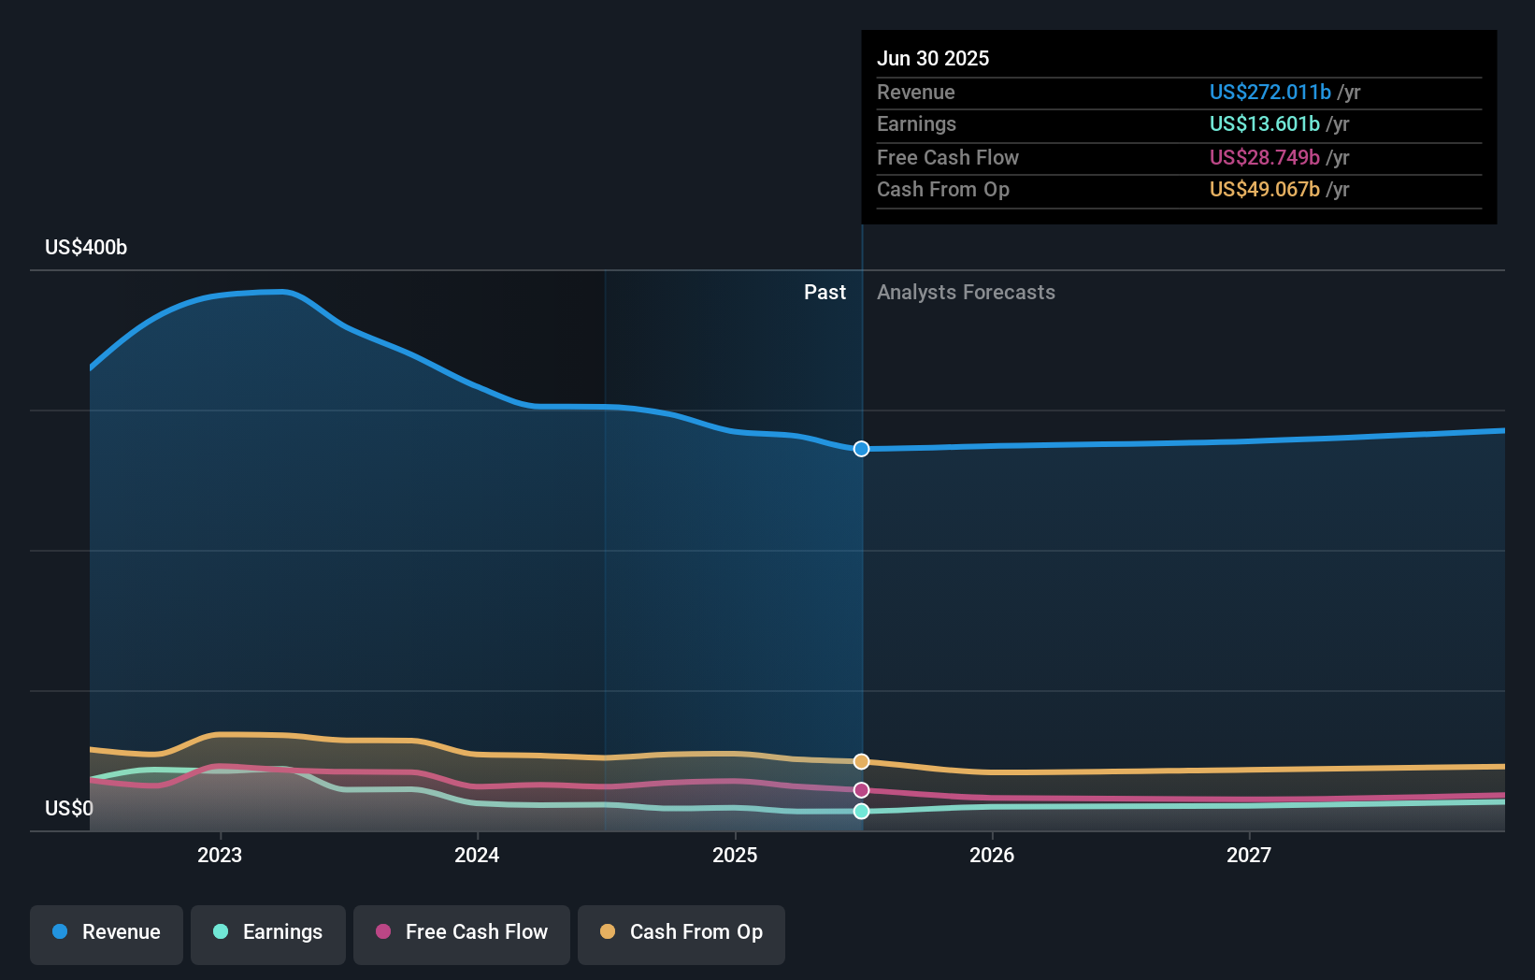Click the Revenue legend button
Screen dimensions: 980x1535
(107, 932)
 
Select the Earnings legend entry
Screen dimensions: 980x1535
(268, 932)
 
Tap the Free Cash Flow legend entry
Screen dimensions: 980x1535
(462, 932)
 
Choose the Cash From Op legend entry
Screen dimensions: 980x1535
(681, 932)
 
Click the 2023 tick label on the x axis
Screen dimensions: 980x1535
(220, 855)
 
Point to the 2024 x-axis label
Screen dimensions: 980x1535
(477, 855)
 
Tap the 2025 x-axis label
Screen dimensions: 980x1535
(735, 855)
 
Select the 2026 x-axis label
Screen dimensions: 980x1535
(992, 855)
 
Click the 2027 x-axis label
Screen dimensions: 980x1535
(1249, 855)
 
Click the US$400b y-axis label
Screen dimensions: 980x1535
(86, 247)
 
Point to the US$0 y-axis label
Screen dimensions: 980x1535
(69, 808)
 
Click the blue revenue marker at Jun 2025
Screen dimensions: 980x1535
(861, 449)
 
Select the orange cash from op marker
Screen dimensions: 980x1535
(861, 761)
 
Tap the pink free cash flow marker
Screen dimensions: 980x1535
(861, 790)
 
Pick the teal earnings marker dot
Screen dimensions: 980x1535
(861, 811)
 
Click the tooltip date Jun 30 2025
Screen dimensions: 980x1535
(933, 58)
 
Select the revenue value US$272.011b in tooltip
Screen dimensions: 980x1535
(1270, 92)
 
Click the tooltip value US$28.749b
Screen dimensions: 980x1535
(1264, 157)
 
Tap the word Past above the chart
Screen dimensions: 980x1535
(825, 292)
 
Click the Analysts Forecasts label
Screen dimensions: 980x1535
(966, 292)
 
